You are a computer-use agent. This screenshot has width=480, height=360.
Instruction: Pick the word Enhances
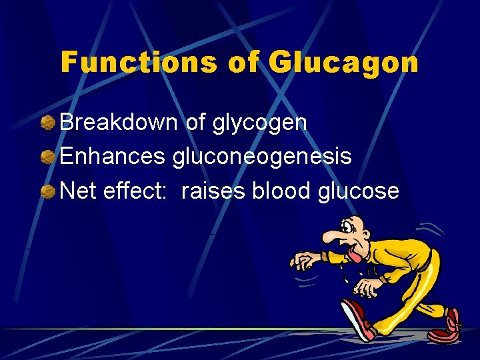112,157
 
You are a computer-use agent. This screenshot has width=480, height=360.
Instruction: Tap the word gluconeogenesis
262,158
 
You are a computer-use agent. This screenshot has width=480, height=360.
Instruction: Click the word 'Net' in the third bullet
79,191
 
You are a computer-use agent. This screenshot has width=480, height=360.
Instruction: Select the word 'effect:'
139,191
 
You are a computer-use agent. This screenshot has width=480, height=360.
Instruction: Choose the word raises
213,191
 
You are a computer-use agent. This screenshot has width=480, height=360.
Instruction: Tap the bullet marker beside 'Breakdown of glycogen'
49,123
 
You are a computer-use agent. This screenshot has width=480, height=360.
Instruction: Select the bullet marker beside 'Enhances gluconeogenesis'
49,157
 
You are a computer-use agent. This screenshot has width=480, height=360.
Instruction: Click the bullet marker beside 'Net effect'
49,192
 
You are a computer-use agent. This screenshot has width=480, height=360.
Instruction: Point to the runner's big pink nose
331,236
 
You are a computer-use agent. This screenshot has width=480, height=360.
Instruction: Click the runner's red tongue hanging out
356,254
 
